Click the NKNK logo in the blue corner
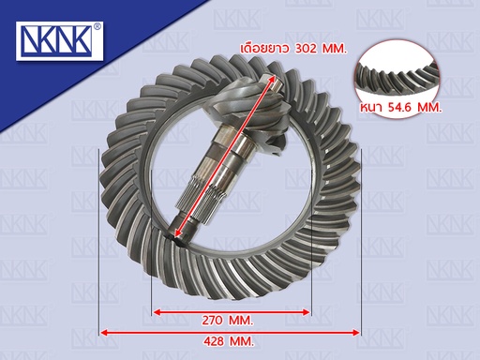point(59,41)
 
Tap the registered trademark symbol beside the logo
point(97,26)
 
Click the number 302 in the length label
point(306,49)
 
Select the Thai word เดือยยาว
point(264,49)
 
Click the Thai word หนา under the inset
point(373,108)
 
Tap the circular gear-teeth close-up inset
point(398,77)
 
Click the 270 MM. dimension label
point(227,321)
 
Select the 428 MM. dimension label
point(229,341)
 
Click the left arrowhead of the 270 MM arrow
point(156,312)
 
